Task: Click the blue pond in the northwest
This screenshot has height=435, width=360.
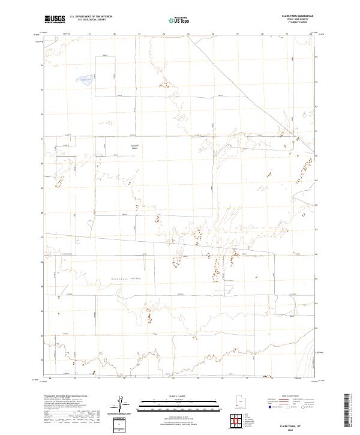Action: point(84,78)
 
